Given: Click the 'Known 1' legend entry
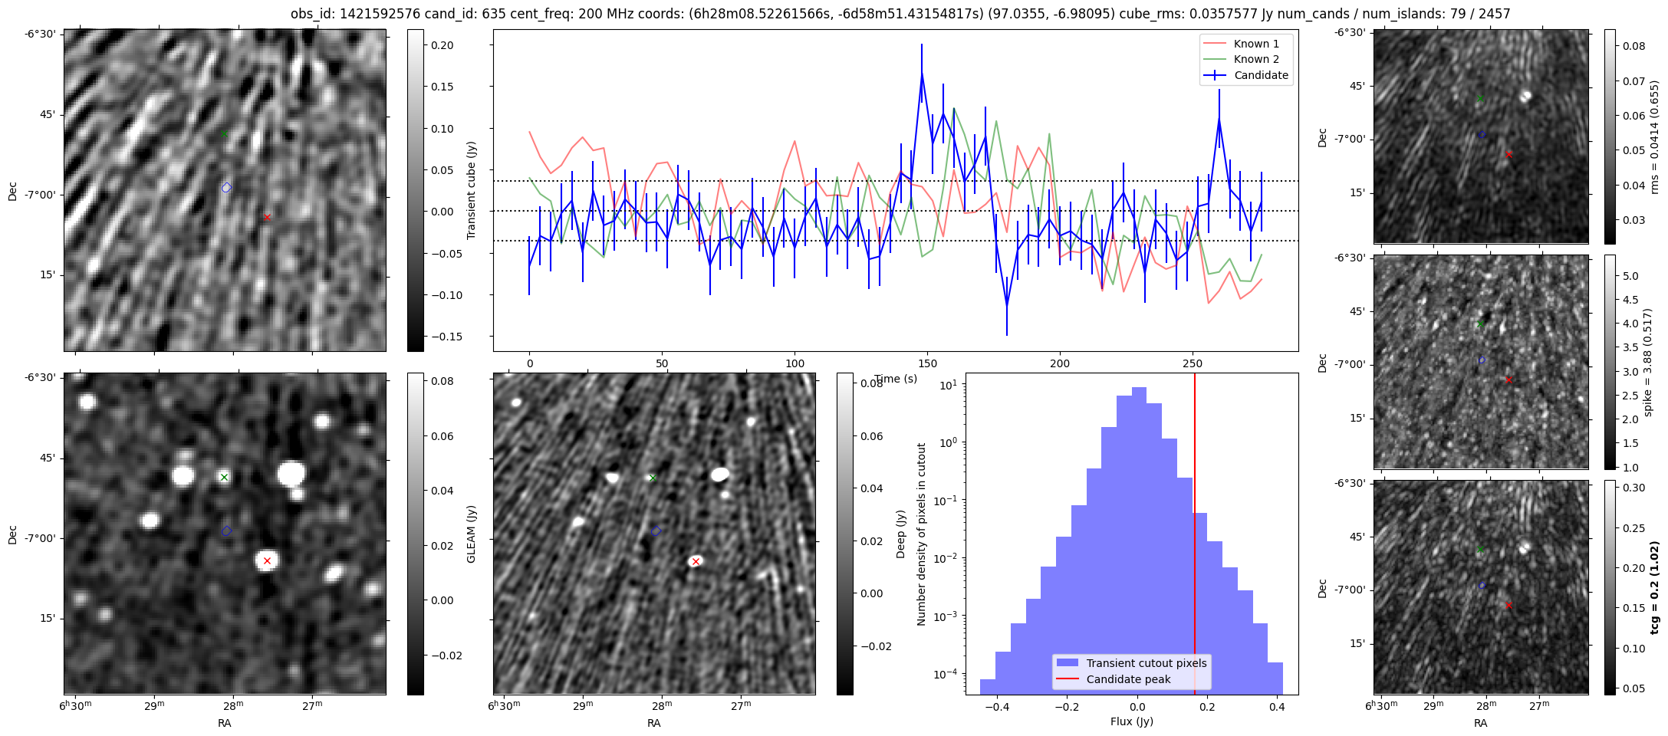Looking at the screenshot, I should coord(1256,44).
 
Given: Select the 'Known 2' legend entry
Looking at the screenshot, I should coord(1256,59).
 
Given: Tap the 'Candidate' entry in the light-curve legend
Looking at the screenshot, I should coord(1261,75).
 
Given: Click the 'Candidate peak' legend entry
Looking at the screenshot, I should coord(1128,679).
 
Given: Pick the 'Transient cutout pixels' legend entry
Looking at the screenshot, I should coord(1146,663).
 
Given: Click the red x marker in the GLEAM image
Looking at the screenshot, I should coord(267,561).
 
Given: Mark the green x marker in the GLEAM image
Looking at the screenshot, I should coord(224,478).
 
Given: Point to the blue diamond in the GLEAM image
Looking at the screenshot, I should coord(226,531).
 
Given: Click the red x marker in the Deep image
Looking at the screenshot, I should coord(696,562).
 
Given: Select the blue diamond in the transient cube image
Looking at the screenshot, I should coord(226,188).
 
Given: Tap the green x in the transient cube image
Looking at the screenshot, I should coord(224,134).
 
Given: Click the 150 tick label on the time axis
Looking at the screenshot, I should coord(927,363).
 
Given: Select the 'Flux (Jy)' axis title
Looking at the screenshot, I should coord(1131,721).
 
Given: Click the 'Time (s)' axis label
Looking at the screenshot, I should coord(896,379).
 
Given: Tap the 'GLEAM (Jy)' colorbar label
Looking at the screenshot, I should coord(471,534).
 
